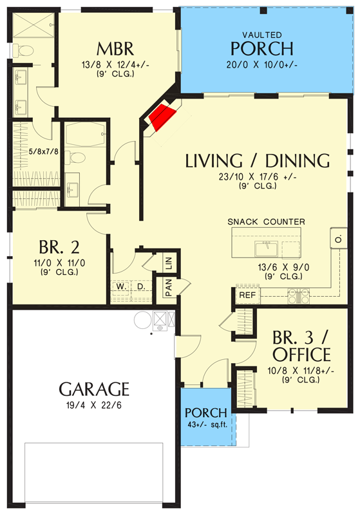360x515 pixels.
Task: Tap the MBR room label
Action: click(x=115, y=49)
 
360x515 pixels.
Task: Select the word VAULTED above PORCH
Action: click(x=262, y=35)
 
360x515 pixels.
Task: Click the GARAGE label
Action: click(x=94, y=389)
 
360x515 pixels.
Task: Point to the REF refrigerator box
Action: click(x=248, y=295)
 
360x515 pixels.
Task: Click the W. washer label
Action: click(x=121, y=286)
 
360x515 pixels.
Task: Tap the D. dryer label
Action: click(x=141, y=286)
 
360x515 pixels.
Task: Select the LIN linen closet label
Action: click(x=169, y=263)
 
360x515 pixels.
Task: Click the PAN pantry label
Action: click(x=169, y=288)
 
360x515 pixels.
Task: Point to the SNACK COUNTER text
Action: click(x=266, y=221)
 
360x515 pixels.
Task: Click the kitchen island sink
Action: click(x=266, y=248)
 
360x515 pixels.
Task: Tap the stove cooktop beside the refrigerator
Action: click(x=299, y=295)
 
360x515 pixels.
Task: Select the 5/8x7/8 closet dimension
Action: click(x=44, y=151)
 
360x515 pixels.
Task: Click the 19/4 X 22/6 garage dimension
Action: click(x=94, y=406)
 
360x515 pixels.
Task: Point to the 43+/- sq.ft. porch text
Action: click(x=207, y=425)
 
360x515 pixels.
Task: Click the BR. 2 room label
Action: click(x=59, y=247)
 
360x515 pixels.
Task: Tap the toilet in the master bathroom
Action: click(x=23, y=51)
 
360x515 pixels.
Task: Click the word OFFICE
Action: click(x=301, y=355)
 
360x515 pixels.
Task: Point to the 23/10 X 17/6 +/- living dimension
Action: click(x=258, y=177)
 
